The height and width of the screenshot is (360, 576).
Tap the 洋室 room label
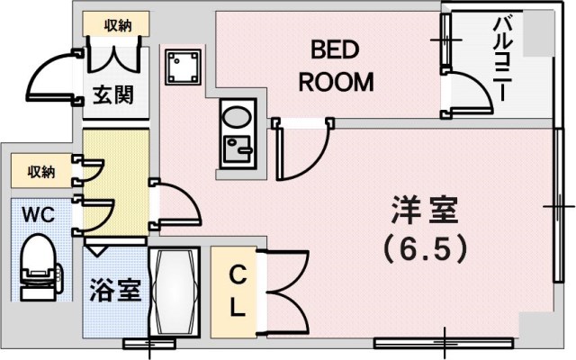pos(424,211)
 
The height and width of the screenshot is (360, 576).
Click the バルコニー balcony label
pos(501,58)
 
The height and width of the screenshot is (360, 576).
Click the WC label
pos(36,215)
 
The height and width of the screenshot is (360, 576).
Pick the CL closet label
pos(237,290)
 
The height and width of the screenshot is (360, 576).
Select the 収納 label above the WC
pos(40,170)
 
